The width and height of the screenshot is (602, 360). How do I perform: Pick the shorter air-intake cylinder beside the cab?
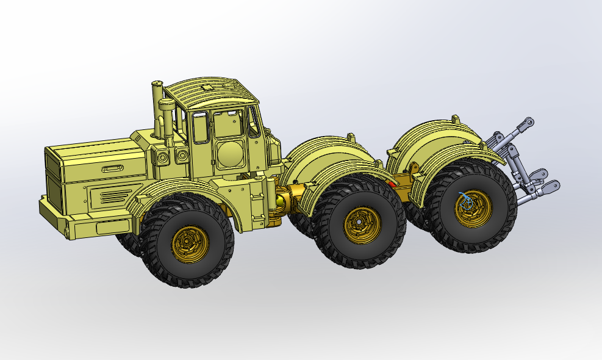165,119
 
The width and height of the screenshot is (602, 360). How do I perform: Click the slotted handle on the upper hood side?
112,168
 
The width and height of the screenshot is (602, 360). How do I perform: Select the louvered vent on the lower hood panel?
113,196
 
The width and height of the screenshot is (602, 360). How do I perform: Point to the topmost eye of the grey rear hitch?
529,123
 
